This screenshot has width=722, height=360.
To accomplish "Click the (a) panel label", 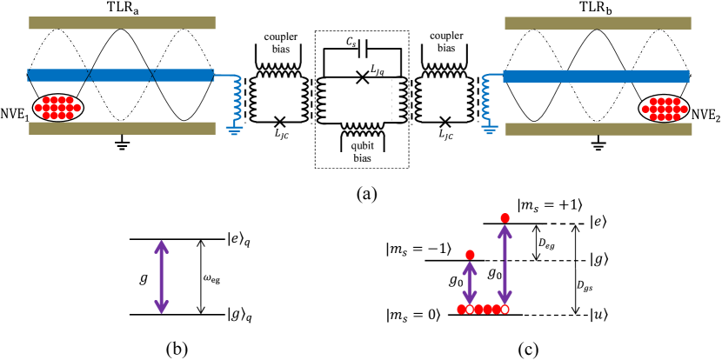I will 366,194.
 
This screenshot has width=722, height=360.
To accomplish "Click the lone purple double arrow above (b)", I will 161,277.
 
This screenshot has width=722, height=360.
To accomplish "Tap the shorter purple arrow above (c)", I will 470,282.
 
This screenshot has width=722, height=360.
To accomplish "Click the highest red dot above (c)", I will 505,217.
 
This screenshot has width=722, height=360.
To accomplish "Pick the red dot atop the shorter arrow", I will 470,255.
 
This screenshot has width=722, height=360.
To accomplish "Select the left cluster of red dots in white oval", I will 57,108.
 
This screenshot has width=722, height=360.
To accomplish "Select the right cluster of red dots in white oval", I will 664,109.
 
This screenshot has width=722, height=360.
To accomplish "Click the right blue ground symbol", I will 490,130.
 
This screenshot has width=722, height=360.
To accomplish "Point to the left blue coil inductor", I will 237,98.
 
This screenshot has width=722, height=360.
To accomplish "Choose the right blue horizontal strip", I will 596,76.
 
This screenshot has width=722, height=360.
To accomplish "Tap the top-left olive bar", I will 122,23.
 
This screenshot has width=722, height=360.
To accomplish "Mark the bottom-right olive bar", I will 598,129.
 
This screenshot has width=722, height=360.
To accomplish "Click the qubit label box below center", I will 363,141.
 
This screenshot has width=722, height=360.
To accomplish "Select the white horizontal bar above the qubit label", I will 362,117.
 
